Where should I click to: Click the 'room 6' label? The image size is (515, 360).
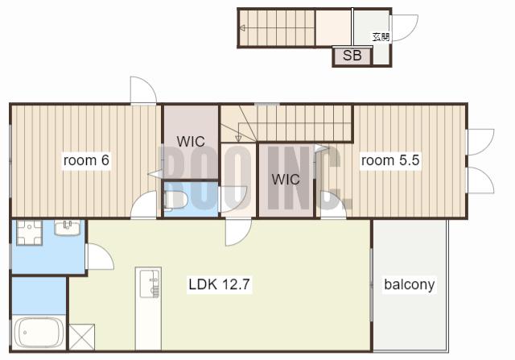pos(86,160)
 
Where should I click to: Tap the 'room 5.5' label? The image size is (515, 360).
pos(390,160)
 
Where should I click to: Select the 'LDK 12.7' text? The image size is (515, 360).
pos(219,284)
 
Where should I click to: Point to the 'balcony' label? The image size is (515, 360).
pos(410,284)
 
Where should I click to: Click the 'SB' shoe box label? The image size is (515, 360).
pos(352,56)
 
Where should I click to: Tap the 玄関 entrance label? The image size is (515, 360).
pos(381,37)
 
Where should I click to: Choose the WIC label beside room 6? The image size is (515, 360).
pos(191,142)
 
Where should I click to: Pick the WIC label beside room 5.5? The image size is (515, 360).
pos(286,180)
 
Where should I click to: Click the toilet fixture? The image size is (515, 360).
pos(175,200)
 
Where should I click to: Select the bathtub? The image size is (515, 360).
pos(39,333)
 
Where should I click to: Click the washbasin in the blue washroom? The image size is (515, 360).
pos(68,228)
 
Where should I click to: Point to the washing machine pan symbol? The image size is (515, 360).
pos(29,233)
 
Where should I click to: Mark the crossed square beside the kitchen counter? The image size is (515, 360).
pos(82,337)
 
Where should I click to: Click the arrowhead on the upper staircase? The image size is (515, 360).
pos(242,28)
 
